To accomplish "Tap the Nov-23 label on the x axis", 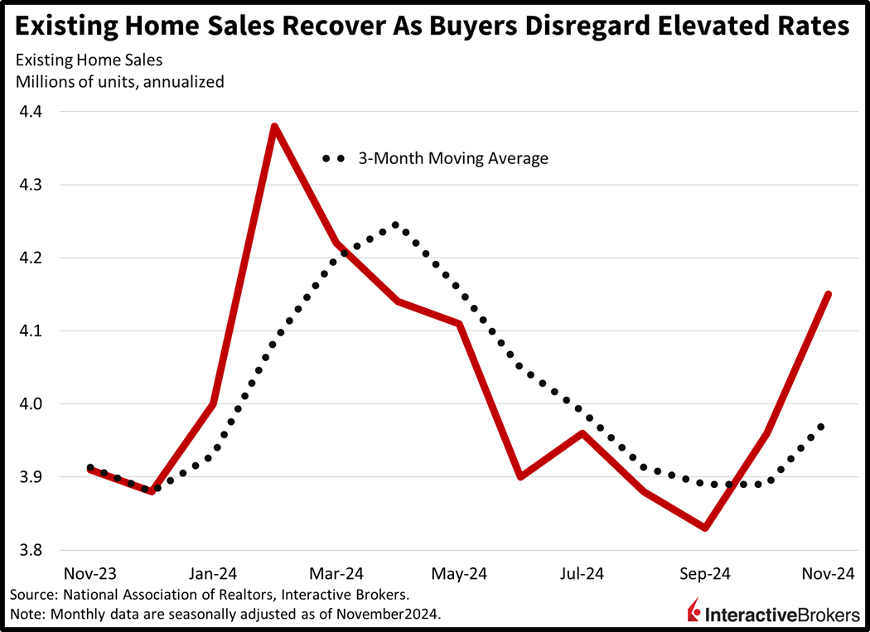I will [90, 573].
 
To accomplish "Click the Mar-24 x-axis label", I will [336, 573].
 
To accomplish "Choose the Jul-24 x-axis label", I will [582, 573].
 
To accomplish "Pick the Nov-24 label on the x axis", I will [828, 573].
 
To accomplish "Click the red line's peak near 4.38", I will [274, 127].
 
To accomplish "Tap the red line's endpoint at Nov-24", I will [828, 294].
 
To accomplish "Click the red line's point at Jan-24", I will [214, 403].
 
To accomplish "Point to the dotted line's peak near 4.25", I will [395, 224].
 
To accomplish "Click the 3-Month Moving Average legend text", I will [452, 158].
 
